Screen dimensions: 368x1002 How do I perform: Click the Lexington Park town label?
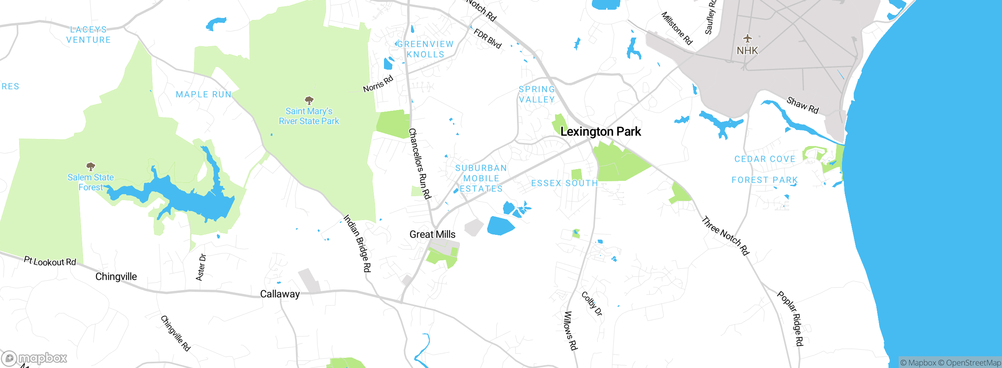[x=600, y=132]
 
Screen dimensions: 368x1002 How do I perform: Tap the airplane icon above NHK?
[x=748, y=38]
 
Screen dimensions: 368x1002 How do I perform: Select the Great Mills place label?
[x=432, y=235]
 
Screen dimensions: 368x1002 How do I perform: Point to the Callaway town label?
[x=280, y=294]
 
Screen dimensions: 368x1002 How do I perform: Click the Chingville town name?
[x=116, y=277]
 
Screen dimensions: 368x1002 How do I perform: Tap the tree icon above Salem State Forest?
[x=91, y=166]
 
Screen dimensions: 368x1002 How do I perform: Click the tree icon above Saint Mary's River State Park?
[x=309, y=100]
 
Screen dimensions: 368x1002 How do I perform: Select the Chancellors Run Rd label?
[x=419, y=164]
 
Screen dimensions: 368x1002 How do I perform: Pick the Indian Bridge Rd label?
[x=357, y=243]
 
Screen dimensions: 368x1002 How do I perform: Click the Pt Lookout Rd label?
[x=50, y=261]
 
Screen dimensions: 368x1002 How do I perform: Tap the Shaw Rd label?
[x=802, y=105]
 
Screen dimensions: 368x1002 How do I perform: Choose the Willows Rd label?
[x=571, y=330]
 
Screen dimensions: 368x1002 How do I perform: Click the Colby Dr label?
[x=592, y=303]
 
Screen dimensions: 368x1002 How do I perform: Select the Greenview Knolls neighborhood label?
[x=425, y=49]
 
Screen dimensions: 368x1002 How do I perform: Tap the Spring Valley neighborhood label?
[x=537, y=94]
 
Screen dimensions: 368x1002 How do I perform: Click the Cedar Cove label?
[x=765, y=159]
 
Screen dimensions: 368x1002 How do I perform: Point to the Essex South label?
[x=564, y=183]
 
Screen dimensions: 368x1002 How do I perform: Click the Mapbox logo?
[x=34, y=358]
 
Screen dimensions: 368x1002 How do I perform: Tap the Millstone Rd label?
[x=677, y=28]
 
